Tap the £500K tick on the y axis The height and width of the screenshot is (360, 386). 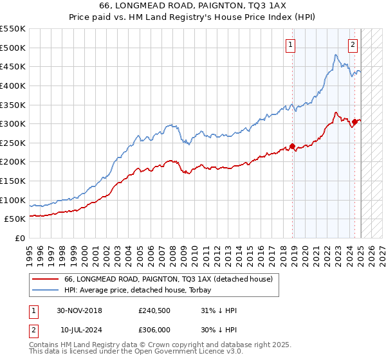tap(12, 48)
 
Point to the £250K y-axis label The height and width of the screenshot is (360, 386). tap(12, 143)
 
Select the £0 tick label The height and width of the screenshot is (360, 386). tap(21, 239)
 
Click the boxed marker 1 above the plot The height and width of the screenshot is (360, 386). tap(291, 45)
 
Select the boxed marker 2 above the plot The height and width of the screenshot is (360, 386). tap(353, 45)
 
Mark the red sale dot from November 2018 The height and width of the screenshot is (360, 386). tap(293, 146)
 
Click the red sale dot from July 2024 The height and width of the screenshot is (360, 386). tap(354, 121)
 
